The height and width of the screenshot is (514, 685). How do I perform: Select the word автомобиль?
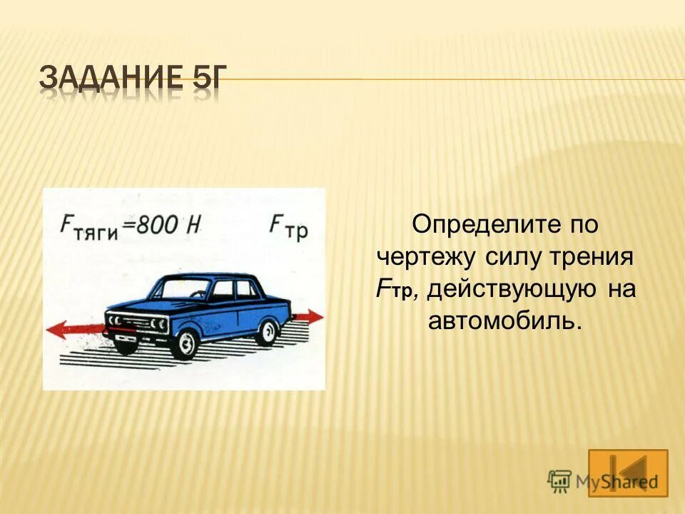tap(505, 321)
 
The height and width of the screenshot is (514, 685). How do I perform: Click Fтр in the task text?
tap(392, 289)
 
